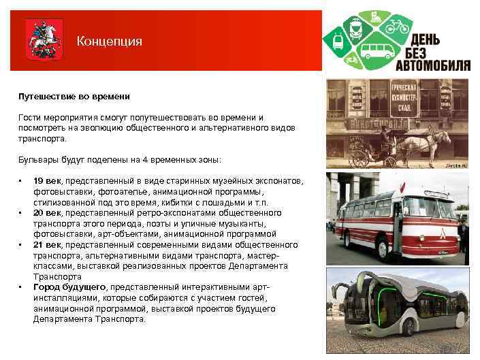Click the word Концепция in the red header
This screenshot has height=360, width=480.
click(x=109, y=42)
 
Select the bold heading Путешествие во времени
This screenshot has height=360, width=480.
click(x=65, y=97)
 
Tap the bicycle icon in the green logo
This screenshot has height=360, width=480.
click(x=396, y=28)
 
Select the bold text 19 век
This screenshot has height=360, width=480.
click(x=47, y=181)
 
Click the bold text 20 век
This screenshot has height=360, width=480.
click(x=47, y=213)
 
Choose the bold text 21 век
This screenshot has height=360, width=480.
click(x=47, y=244)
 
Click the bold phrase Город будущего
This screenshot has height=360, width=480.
click(x=69, y=287)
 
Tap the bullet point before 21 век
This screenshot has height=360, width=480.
click(x=22, y=244)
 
